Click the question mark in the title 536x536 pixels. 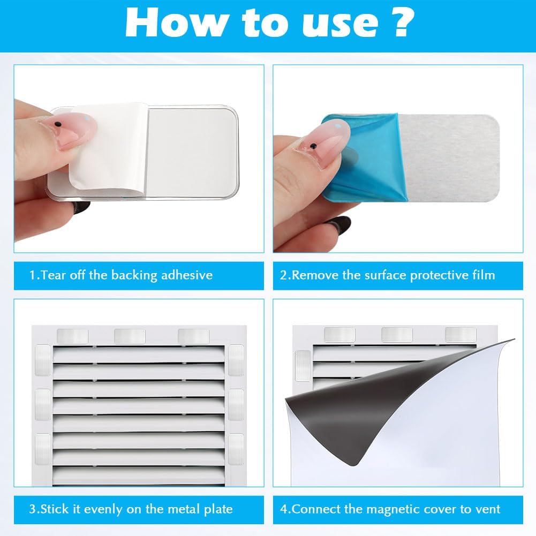[404, 22]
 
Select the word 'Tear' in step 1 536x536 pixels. [53, 275]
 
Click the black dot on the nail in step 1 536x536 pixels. [58, 123]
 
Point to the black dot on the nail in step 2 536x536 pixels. [313, 147]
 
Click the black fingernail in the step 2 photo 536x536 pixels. [338, 224]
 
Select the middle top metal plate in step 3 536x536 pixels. [130, 336]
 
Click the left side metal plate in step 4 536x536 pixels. [303, 366]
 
